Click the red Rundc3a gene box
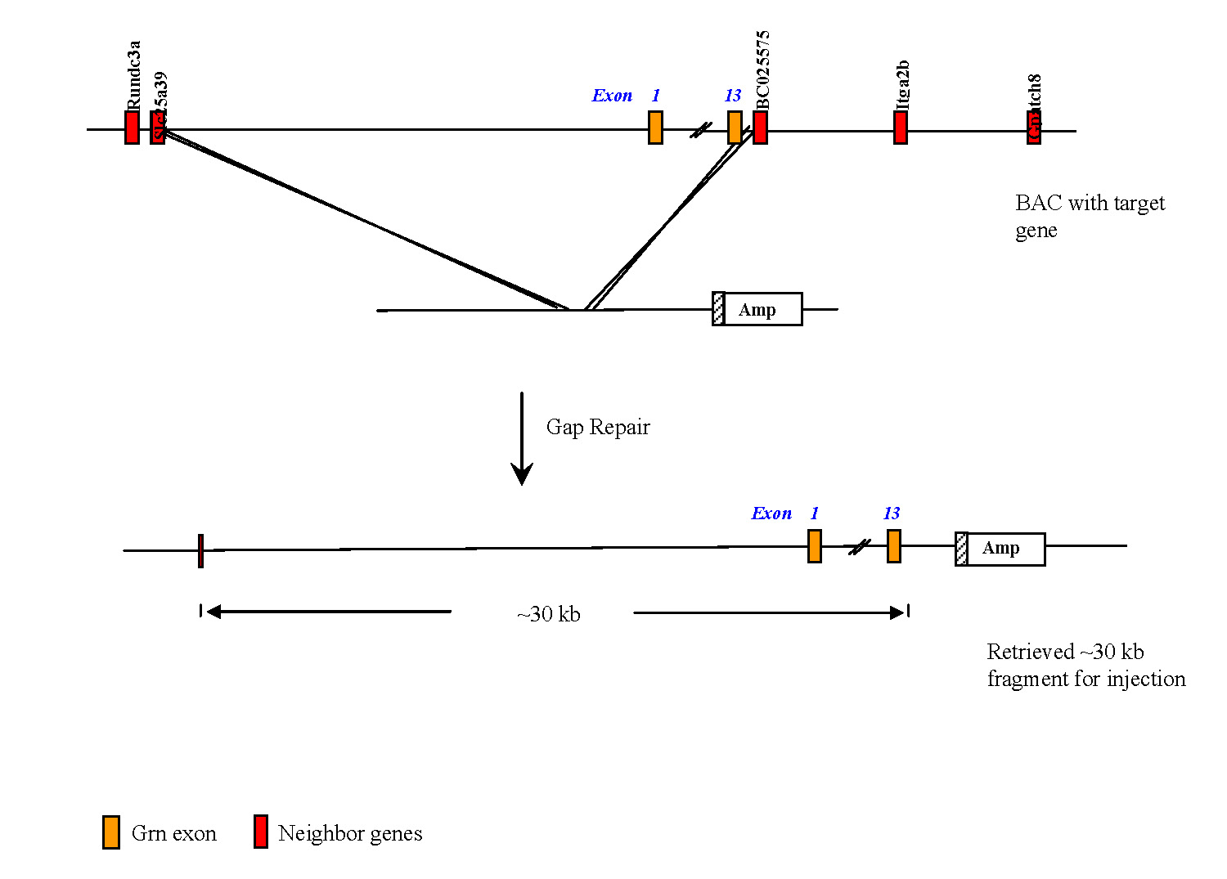[x=132, y=128]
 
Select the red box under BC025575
[x=760, y=128]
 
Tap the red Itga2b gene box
[x=901, y=128]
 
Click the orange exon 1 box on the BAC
[x=655, y=128]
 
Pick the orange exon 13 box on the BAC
[x=735, y=128]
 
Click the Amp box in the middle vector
[x=762, y=309]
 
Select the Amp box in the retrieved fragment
[x=1005, y=549]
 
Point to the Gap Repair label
[x=598, y=427]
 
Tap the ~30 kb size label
[x=549, y=614]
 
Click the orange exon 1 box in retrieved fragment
[x=815, y=545]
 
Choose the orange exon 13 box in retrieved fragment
[x=894, y=545]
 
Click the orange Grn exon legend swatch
[x=111, y=832]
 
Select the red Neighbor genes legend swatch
[x=261, y=832]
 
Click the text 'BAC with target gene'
[x=1090, y=216]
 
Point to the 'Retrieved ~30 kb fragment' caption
[x=1085, y=665]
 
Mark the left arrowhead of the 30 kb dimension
[x=213, y=612]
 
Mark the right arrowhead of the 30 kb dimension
[x=897, y=612]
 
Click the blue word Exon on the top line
[x=612, y=96]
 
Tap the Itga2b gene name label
[x=902, y=84]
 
